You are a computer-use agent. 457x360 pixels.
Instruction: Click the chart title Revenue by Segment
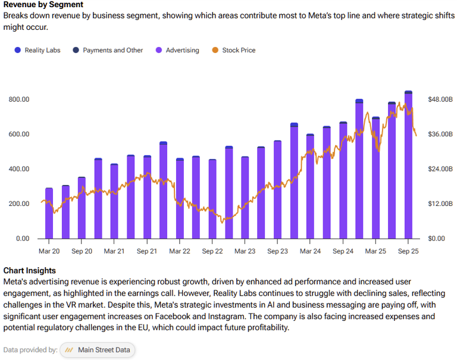tap(43, 5)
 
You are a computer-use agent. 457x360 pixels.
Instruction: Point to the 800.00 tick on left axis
tap(19, 99)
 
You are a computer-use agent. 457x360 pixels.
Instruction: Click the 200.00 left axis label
tap(19, 204)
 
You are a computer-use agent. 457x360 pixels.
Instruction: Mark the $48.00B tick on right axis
tap(440, 99)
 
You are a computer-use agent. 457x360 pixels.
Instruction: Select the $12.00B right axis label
tap(440, 204)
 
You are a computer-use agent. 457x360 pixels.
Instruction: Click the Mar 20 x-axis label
tap(49, 252)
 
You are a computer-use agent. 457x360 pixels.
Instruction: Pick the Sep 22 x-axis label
tap(212, 252)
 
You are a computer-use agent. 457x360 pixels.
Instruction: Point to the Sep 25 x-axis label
tap(408, 252)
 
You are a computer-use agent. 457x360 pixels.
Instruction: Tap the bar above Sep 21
tap(147, 197)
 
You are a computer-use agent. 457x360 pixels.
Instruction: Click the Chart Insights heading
tap(29, 271)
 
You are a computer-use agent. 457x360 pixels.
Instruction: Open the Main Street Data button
tap(98, 350)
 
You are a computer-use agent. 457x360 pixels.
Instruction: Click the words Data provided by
tap(30, 350)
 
